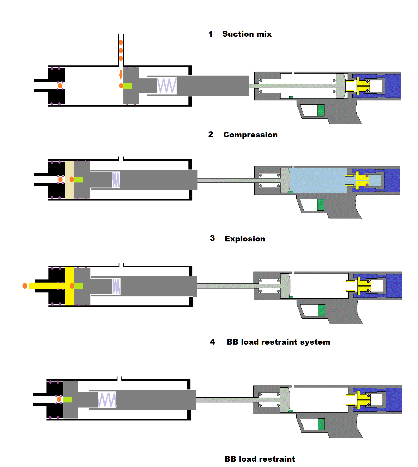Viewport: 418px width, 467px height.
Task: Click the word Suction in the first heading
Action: pos(238,34)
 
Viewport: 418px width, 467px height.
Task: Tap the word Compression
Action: pos(250,135)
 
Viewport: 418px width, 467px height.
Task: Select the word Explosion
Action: pos(245,239)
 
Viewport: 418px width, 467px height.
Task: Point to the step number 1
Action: pos(210,34)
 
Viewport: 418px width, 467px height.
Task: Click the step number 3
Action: pos(212,238)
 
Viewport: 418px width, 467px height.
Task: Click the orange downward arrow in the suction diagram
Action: pos(121,74)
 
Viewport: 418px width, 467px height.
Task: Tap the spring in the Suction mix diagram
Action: pos(167,85)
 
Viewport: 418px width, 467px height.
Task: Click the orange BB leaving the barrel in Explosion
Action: pos(25,286)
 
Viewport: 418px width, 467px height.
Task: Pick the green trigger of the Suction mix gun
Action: pos(321,110)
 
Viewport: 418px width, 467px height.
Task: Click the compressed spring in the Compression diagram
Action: pos(116,180)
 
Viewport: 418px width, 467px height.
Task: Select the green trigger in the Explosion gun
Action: pos(321,310)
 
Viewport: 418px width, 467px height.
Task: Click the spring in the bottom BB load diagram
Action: pos(107,400)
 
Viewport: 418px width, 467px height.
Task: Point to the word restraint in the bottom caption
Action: pos(277,459)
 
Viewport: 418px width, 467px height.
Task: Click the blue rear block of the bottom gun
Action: pos(394,400)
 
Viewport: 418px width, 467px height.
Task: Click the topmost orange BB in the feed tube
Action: pos(121,43)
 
